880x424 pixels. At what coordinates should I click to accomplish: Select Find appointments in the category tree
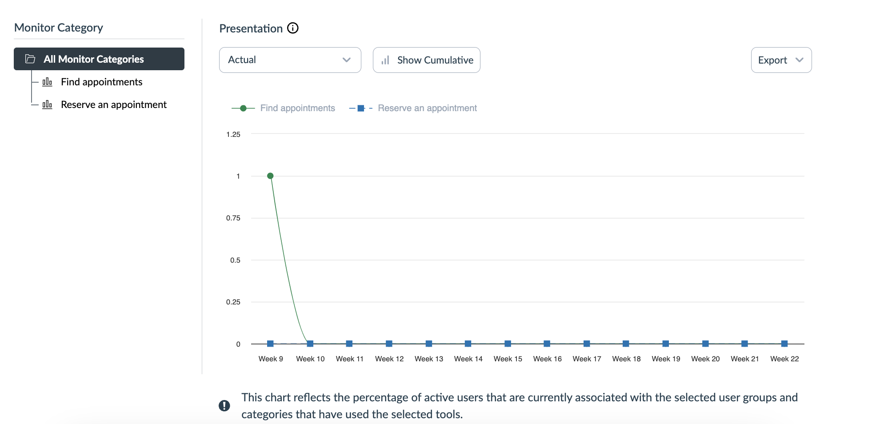(101, 82)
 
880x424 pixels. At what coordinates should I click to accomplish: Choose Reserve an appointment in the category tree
(113, 105)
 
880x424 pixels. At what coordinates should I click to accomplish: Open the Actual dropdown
(290, 60)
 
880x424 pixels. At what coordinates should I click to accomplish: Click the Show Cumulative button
(427, 60)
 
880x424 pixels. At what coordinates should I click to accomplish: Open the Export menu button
(781, 60)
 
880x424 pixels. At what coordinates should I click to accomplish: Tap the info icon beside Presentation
(293, 28)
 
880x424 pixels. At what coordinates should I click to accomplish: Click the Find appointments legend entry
(297, 108)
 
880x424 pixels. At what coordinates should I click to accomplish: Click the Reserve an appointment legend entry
(427, 108)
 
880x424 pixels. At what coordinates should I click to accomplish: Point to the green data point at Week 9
(270, 176)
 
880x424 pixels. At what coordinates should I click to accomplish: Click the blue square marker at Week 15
(508, 344)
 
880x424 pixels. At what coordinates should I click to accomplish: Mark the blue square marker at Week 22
(784, 344)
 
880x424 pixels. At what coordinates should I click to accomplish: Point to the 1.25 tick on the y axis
(233, 134)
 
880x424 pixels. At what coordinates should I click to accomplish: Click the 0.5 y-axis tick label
(235, 260)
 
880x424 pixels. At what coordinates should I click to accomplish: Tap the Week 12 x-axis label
(389, 359)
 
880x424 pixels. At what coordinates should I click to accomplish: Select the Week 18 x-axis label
(626, 359)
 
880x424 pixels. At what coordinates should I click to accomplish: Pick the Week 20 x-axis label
(705, 359)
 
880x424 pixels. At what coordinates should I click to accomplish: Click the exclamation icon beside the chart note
(224, 405)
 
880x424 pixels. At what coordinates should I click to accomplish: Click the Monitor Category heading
(59, 28)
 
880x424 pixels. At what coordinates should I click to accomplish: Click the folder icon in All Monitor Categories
(30, 59)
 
